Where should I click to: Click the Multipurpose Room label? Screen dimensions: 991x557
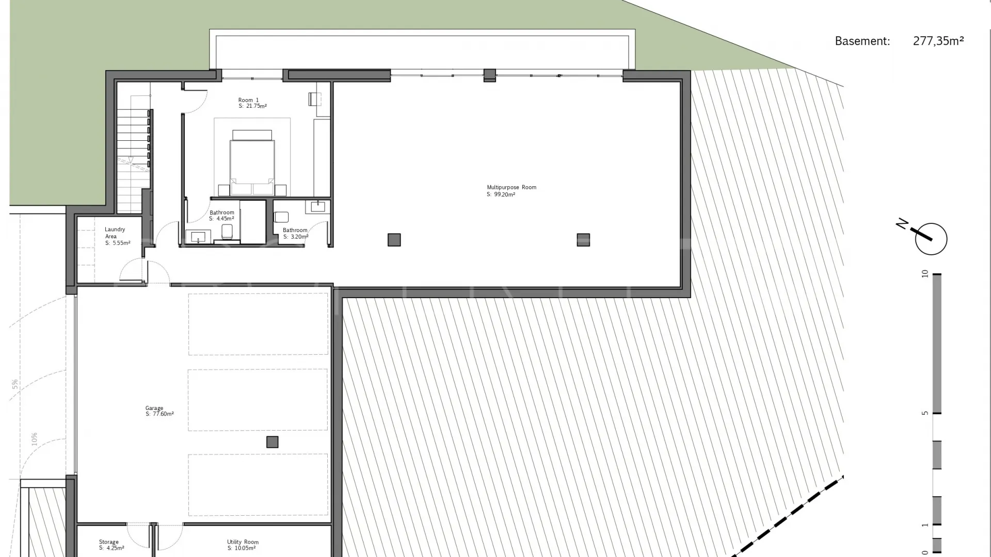[512, 188]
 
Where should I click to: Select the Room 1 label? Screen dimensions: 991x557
[248, 100]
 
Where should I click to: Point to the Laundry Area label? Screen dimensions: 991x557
[115, 233]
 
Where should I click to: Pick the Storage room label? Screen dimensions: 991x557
[109, 542]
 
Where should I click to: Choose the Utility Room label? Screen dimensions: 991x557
[243, 542]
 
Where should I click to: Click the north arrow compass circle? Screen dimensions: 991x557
[931, 239]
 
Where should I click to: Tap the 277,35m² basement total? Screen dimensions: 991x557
[938, 41]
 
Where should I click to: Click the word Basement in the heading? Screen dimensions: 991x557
[862, 41]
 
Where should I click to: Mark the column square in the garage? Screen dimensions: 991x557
[272, 442]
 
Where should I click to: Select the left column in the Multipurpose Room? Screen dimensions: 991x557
[394, 240]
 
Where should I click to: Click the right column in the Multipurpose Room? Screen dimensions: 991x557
[583, 240]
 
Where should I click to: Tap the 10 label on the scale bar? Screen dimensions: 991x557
[925, 274]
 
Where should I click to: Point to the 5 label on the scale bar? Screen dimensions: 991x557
[925, 413]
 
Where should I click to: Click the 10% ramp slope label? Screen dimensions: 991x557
[34, 439]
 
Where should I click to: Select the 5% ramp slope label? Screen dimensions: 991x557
[15, 384]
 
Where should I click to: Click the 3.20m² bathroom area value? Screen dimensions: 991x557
[299, 237]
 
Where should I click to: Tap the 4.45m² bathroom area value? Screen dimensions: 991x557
[225, 219]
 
